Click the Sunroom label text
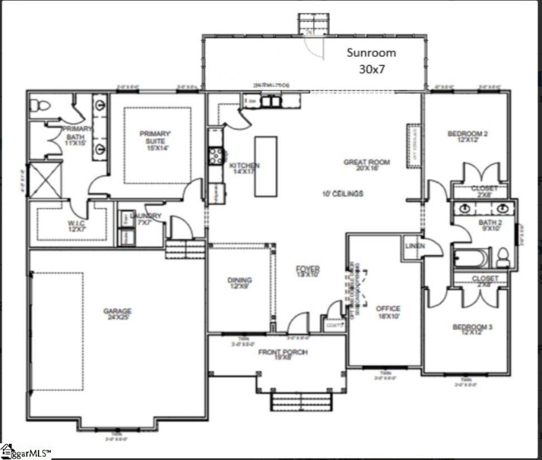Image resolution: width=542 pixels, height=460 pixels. pyautogui.click(x=371, y=60)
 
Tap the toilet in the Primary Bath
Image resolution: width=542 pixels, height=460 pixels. pyautogui.click(x=41, y=105)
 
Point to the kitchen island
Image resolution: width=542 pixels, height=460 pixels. pyautogui.click(x=266, y=167)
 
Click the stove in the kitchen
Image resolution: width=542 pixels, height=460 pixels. pyautogui.click(x=215, y=155)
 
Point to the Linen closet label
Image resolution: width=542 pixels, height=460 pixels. pyautogui.click(x=415, y=245)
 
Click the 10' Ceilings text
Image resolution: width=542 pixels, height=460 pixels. pyautogui.click(x=343, y=194)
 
